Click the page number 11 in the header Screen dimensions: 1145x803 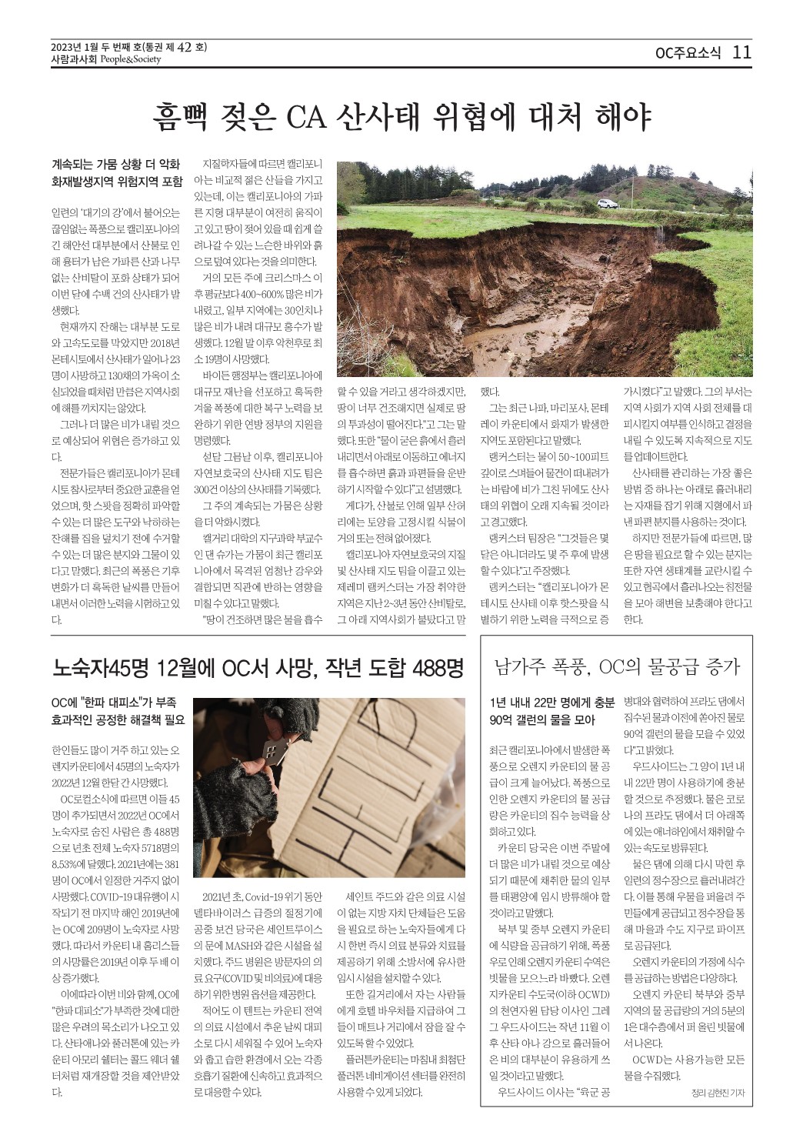coord(741,52)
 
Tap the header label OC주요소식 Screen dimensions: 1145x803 coord(688,53)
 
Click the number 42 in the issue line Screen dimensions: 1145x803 coord(184,47)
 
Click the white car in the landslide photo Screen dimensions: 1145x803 coord(608,204)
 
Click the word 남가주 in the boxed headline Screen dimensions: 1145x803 coord(519,666)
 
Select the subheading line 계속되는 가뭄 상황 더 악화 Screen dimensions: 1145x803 coord(115,164)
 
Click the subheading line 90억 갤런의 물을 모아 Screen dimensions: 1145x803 coord(542,720)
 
